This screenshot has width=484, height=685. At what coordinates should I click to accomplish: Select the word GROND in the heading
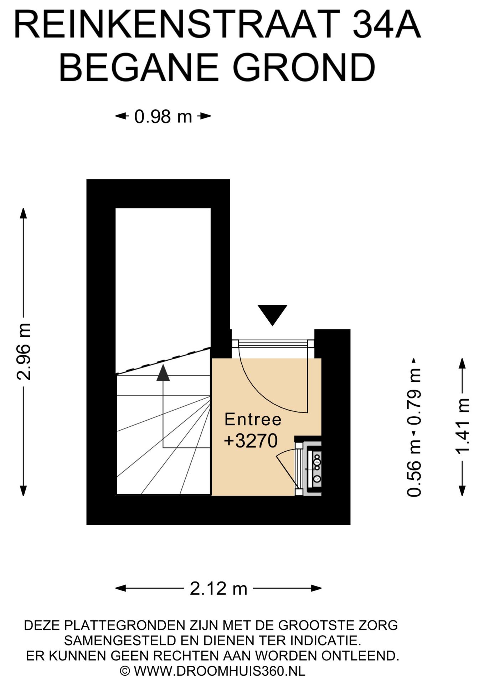[x=304, y=68]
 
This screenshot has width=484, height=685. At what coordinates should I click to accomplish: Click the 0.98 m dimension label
[x=163, y=117]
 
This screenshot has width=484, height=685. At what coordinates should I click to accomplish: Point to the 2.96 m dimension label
[x=24, y=352]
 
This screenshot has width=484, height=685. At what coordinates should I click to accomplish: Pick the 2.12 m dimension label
[x=218, y=588]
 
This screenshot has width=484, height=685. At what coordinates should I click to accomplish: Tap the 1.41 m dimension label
[x=463, y=427]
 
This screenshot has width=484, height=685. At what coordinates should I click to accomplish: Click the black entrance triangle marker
[x=273, y=314]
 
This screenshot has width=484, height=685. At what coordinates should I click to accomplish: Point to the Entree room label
[x=253, y=419]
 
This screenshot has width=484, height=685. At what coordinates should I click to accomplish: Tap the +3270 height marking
[x=251, y=441]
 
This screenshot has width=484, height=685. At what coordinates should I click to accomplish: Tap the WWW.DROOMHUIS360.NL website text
[x=220, y=671]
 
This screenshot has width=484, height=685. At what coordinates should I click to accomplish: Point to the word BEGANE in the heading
[x=139, y=68]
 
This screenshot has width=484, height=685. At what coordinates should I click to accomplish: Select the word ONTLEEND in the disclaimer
[x=360, y=656]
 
